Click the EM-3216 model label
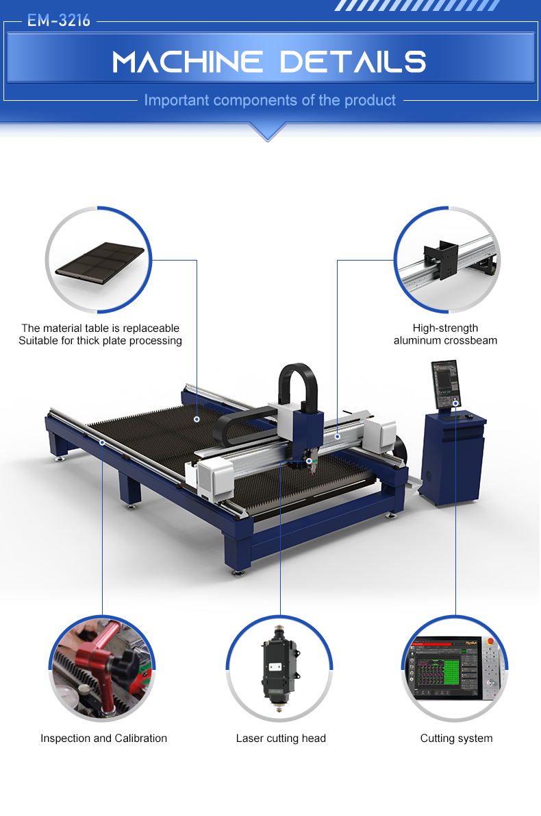pyautogui.click(x=59, y=21)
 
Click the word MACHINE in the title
pyautogui.click(x=187, y=62)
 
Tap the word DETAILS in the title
pyautogui.click(x=353, y=62)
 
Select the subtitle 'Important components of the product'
pyautogui.click(x=270, y=100)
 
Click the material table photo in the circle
pyautogui.click(x=100, y=263)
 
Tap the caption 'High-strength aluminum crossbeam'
pyautogui.click(x=445, y=334)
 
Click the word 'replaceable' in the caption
pyautogui.click(x=151, y=328)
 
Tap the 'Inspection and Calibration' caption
pyautogui.click(x=104, y=738)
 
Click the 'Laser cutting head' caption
pyautogui.click(x=281, y=738)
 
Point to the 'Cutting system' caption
pyautogui.click(x=456, y=738)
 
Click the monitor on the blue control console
pyautogui.click(x=446, y=384)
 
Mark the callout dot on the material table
pyautogui.click(x=197, y=419)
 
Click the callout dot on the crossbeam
pyautogui.click(x=338, y=436)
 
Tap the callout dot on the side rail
pyautogui.click(x=103, y=442)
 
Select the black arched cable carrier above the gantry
pyautogui.click(x=298, y=386)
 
